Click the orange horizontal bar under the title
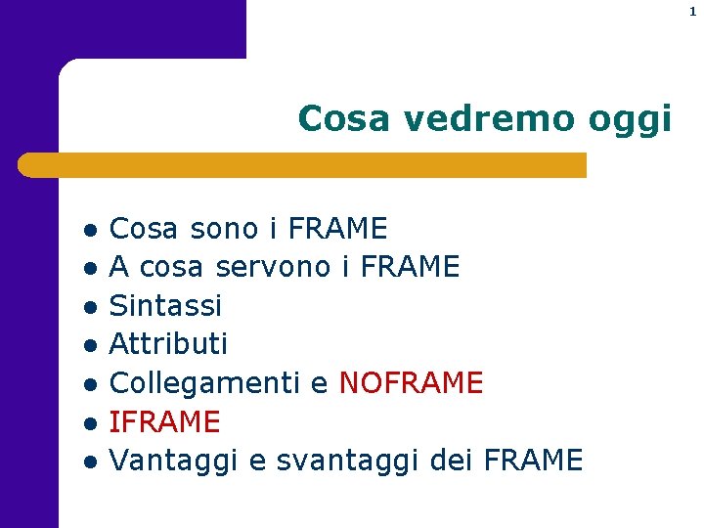coord(303,165)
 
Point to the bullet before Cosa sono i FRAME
coord(89,232)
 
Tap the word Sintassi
coord(165,305)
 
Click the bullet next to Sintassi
coord(89,308)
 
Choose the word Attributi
coord(168,343)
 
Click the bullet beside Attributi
coord(89,346)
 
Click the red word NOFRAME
coord(411,382)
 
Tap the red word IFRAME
coord(164,421)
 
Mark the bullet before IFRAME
coord(89,423)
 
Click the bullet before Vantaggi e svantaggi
coord(89,462)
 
